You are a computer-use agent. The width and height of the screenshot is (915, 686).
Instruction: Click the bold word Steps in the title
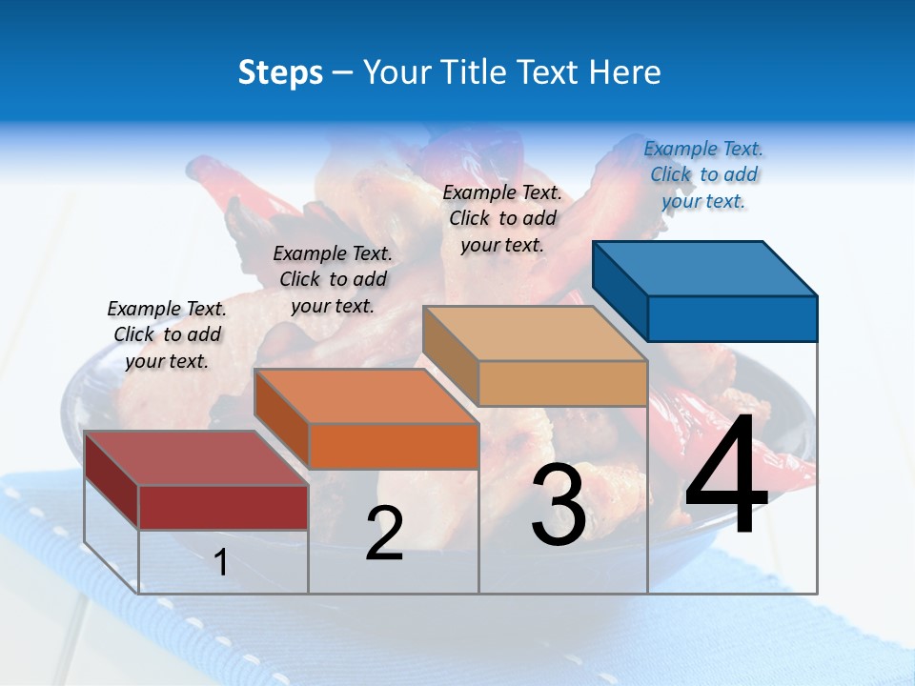click(x=280, y=72)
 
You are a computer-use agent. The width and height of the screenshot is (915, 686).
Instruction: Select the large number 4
click(x=726, y=476)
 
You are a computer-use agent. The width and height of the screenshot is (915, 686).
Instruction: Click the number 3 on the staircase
click(x=559, y=505)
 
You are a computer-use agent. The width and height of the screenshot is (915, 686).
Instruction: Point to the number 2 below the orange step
click(x=384, y=534)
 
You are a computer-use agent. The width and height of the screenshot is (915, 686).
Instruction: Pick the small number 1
click(x=221, y=562)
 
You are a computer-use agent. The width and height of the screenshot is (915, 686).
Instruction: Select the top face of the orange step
click(x=366, y=395)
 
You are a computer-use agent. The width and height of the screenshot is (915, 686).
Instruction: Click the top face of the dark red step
click(x=196, y=458)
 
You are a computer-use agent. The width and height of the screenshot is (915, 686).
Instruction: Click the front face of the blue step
click(x=732, y=318)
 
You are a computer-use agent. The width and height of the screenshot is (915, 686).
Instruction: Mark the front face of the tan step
click(x=562, y=383)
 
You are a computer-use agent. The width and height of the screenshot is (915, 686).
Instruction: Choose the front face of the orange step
click(x=394, y=446)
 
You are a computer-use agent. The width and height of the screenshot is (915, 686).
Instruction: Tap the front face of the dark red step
click(x=223, y=507)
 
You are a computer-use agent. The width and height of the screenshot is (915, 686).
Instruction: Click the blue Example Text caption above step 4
click(x=703, y=174)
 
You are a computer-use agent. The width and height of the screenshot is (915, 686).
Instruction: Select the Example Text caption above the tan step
click(x=502, y=218)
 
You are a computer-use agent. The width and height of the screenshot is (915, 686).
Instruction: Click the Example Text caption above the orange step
click(x=333, y=279)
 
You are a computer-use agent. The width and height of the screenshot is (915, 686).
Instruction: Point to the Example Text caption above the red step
click(x=167, y=334)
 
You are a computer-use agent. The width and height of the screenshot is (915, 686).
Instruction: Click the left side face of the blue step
click(x=620, y=291)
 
